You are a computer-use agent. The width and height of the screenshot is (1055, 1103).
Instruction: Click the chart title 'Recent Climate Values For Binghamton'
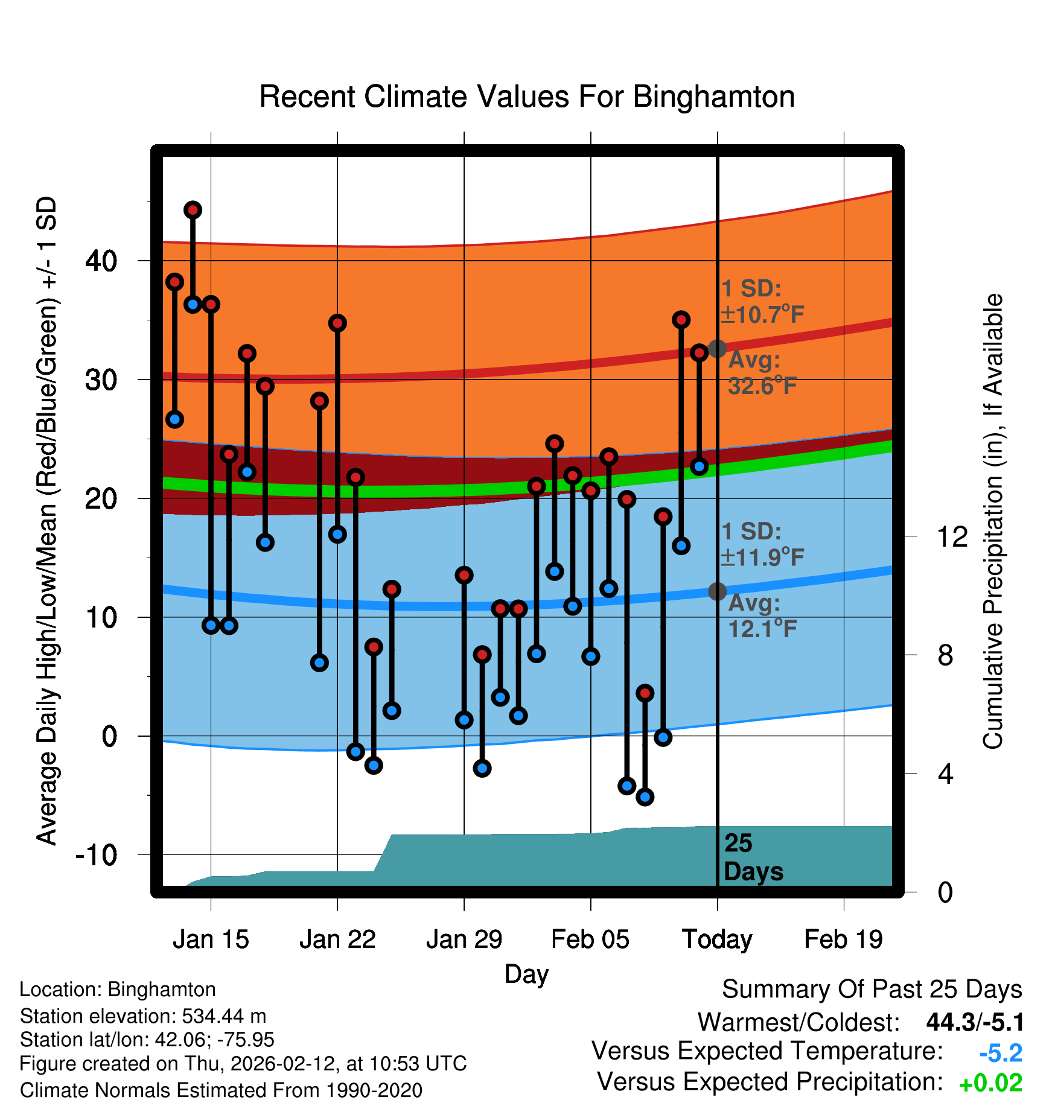527,97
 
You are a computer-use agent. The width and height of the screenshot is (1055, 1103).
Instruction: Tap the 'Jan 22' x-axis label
337,939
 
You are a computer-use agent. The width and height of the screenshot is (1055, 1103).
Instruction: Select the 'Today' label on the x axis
717,939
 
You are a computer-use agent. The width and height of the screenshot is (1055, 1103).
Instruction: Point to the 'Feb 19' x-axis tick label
843,939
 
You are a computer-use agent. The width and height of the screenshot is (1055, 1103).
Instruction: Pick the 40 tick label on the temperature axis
101,261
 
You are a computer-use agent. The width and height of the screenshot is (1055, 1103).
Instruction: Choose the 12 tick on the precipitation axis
952,536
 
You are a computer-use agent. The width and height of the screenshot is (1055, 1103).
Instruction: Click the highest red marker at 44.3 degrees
193,210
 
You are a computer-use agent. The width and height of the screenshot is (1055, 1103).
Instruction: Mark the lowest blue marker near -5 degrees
645,797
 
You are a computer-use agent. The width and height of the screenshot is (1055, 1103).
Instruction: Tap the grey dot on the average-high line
717,348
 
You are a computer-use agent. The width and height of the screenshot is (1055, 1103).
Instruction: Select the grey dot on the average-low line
717,591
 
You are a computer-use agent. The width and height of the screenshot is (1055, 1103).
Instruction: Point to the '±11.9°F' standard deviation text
762,557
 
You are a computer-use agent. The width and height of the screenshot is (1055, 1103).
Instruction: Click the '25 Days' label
753,857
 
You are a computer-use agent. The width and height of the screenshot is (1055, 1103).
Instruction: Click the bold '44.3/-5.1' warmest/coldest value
975,1022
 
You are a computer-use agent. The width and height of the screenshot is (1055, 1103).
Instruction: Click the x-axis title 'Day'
526,974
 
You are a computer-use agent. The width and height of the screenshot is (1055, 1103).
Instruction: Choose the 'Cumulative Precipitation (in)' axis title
993,521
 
